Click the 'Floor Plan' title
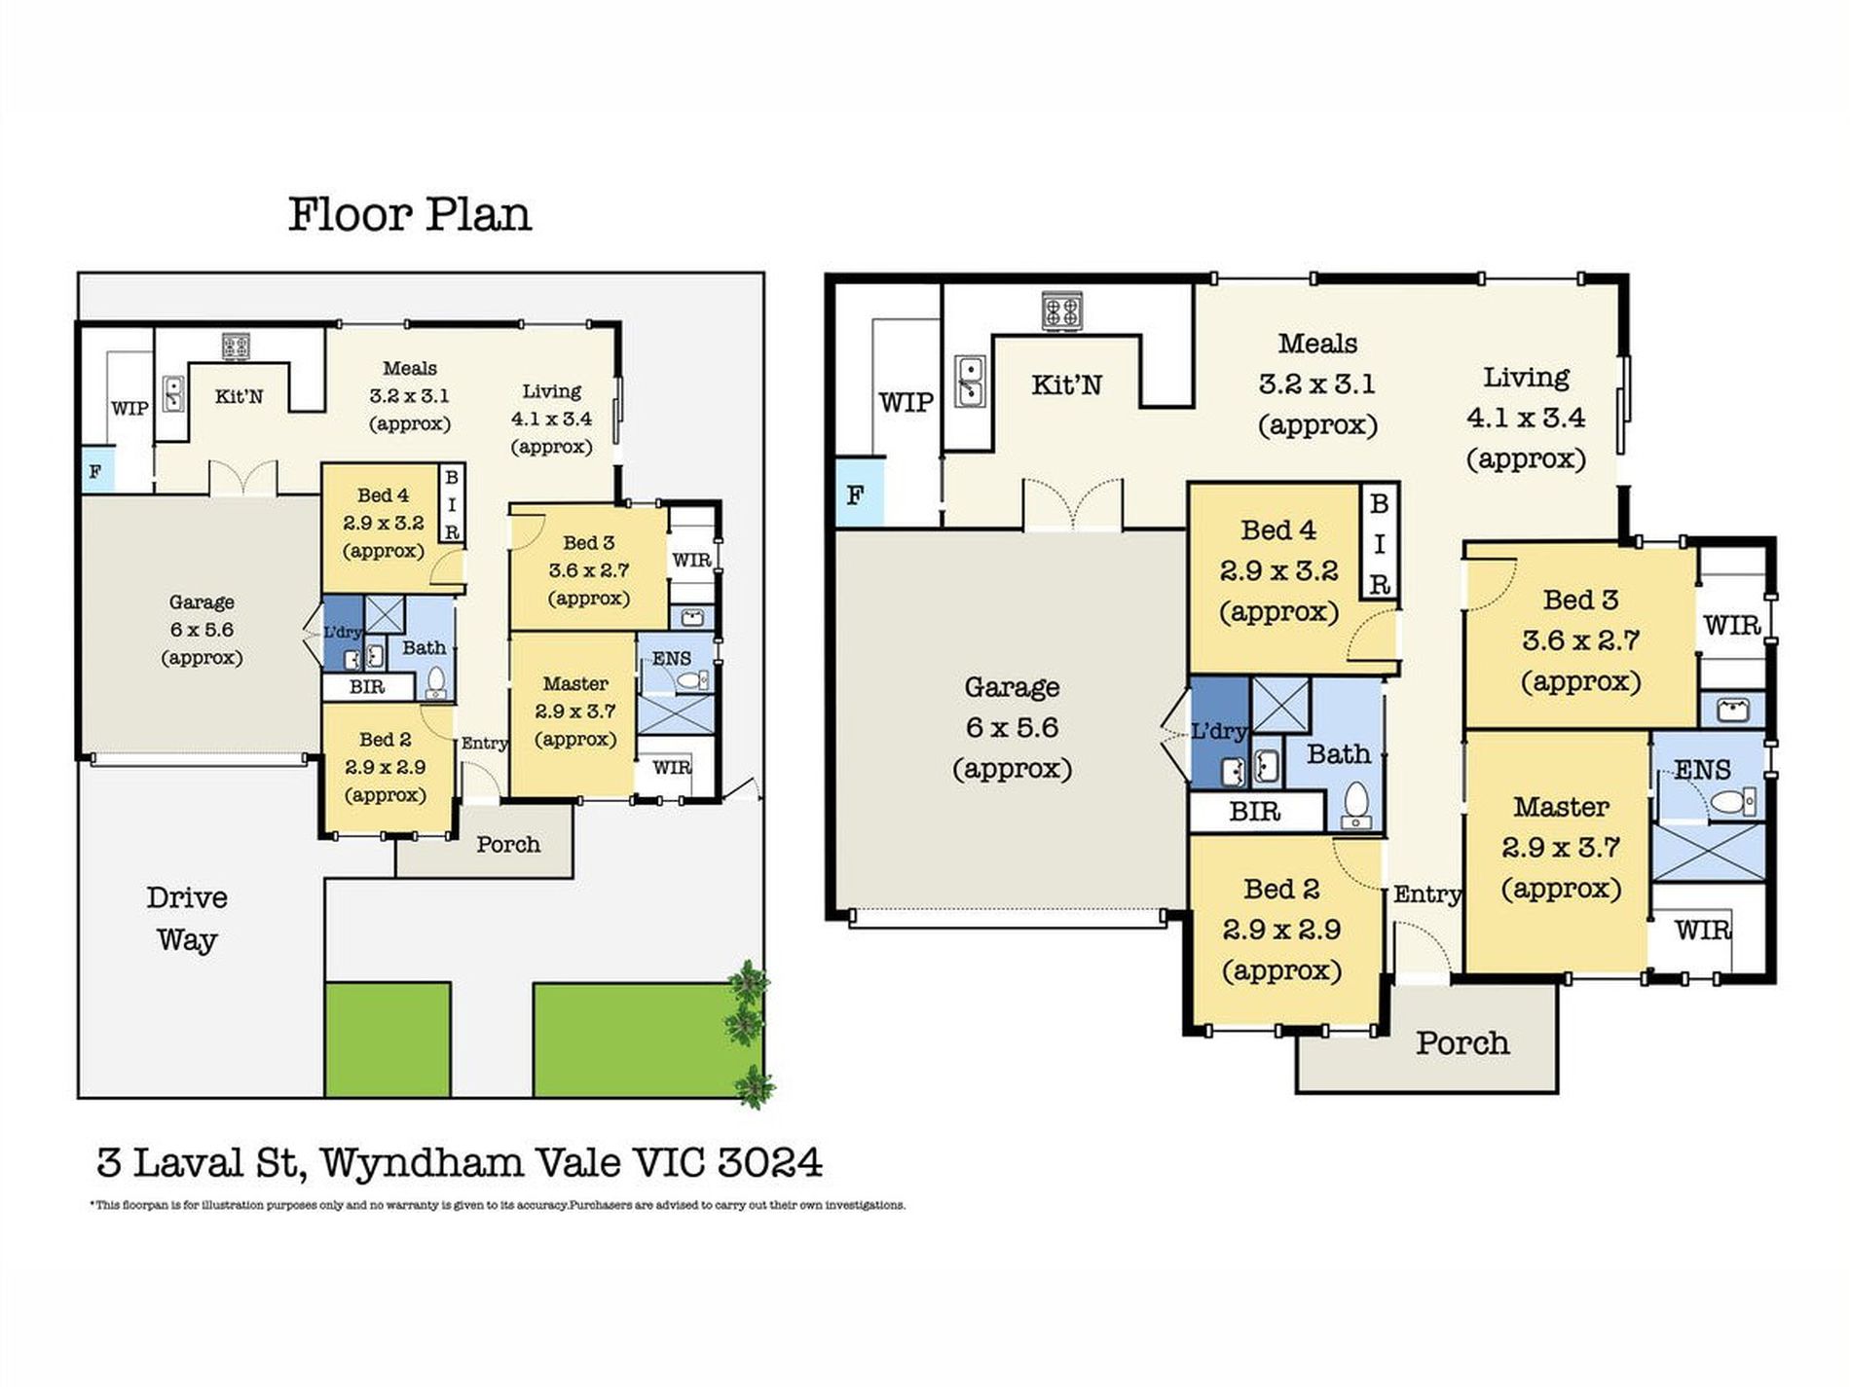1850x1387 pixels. (410, 215)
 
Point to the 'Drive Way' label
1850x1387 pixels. (187, 918)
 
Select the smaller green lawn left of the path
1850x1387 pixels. (388, 1040)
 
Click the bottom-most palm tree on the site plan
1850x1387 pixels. (755, 1085)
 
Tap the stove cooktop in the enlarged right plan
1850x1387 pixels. (1061, 311)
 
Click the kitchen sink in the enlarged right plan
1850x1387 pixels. (970, 381)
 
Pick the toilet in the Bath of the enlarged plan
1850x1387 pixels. (1356, 806)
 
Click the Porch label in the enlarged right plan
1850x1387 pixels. (1462, 1042)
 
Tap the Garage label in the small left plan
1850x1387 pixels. (202, 602)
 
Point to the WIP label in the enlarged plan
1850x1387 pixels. (906, 402)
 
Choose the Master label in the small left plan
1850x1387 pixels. (575, 683)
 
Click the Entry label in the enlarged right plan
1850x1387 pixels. (1426, 894)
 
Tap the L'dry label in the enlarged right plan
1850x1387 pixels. (1219, 731)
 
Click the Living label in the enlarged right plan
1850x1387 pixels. (1526, 378)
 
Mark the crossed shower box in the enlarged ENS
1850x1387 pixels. (1709, 852)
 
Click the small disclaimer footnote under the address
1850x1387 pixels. (498, 1205)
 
